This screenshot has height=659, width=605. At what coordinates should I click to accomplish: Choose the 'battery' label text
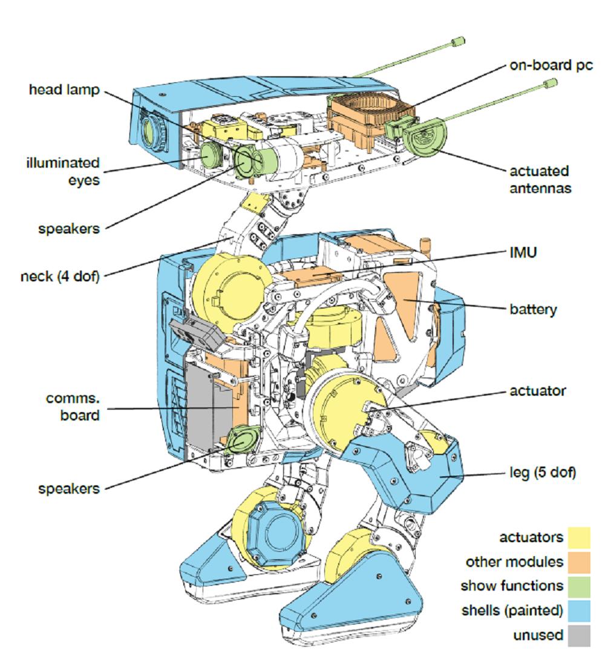532,309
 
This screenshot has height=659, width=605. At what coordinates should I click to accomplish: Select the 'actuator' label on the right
537,391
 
